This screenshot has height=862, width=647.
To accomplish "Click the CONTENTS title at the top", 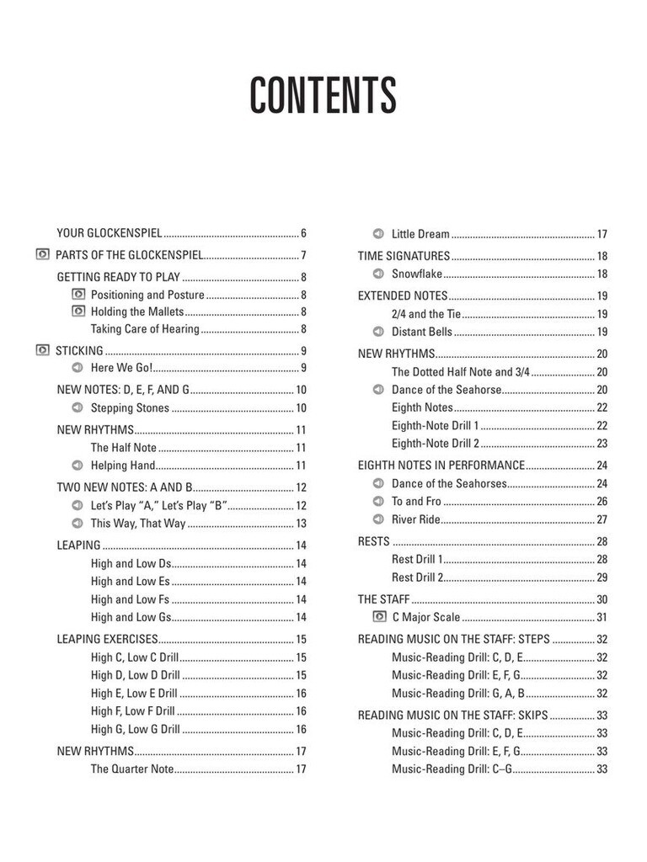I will (x=323, y=96).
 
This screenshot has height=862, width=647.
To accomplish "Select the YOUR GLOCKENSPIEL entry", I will (x=109, y=233).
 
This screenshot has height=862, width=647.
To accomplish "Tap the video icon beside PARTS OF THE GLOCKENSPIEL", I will (x=43, y=255).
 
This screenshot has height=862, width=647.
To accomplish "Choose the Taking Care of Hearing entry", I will (x=145, y=329).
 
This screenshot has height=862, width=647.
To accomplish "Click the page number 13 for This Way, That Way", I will (x=301, y=524).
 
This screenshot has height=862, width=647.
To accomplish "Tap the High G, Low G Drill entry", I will (x=136, y=729).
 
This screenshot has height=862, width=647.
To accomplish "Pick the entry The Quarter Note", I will (x=132, y=769).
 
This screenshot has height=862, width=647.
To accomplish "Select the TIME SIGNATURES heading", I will (x=404, y=256).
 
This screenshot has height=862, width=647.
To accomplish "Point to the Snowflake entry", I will (x=417, y=274).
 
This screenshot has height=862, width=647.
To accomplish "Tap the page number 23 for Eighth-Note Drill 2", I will (x=602, y=444).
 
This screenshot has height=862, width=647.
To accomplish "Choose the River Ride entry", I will (x=416, y=519).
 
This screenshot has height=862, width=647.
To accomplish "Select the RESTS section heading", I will (x=373, y=542).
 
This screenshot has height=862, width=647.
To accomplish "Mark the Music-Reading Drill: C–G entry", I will (x=452, y=769).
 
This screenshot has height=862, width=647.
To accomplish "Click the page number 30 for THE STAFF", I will (x=602, y=599).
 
